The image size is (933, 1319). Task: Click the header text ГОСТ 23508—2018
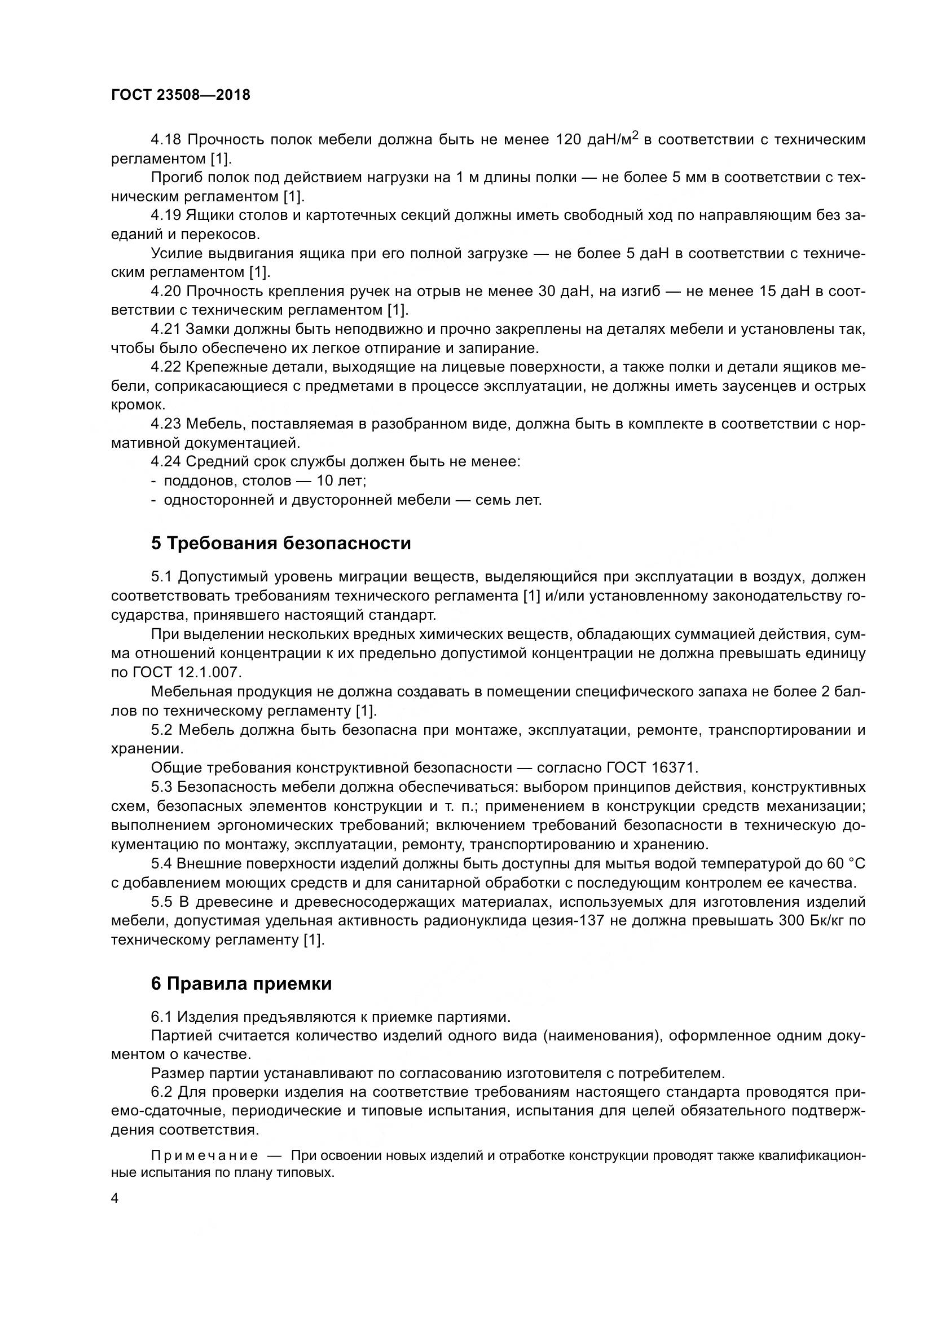tap(181, 95)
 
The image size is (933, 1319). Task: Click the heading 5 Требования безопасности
tap(281, 543)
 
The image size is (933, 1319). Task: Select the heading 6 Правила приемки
tap(241, 983)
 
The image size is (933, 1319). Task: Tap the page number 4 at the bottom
tap(115, 1198)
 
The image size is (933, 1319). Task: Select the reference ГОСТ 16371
tap(652, 767)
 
